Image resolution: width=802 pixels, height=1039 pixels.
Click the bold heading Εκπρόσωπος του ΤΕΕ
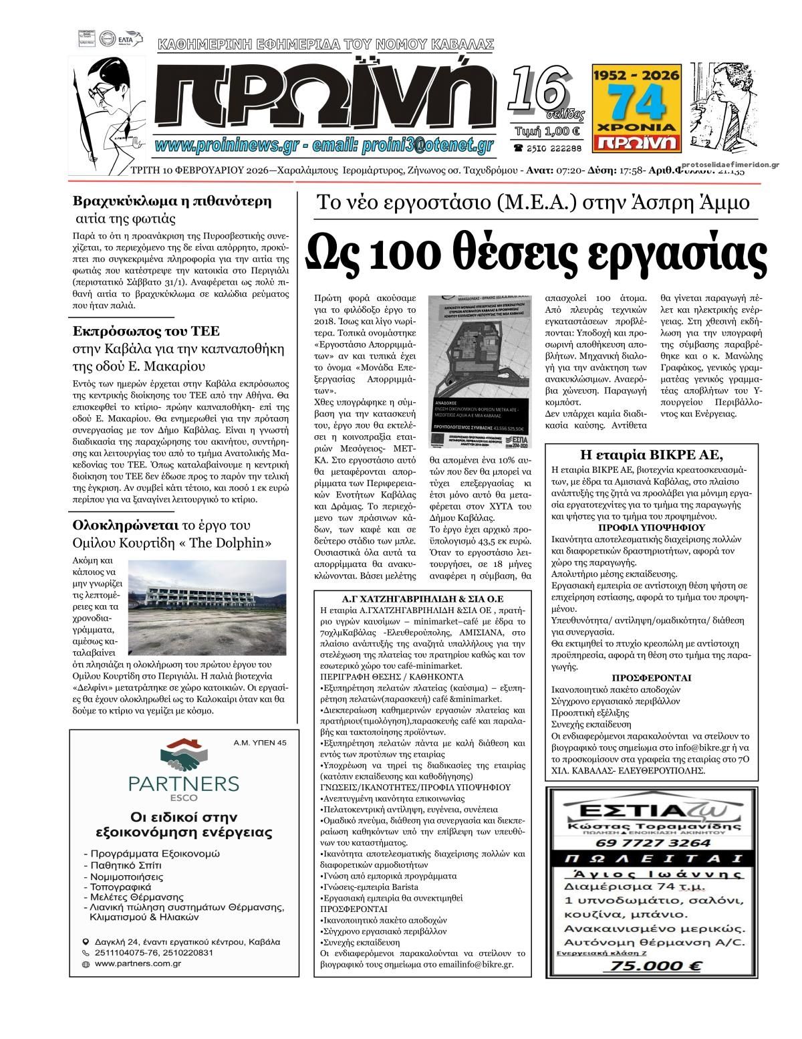coord(146,330)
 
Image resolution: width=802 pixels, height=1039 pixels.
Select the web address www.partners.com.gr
coord(138,963)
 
